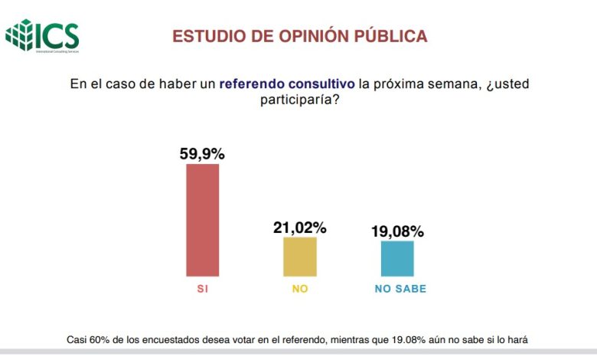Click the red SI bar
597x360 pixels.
click(x=203, y=220)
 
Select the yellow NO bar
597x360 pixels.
click(x=299, y=257)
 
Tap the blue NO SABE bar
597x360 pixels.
click(x=397, y=258)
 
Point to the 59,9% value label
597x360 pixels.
click(x=203, y=153)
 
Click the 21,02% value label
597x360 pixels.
click(x=300, y=227)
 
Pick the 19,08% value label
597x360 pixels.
click(x=397, y=231)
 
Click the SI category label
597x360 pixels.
click(x=203, y=290)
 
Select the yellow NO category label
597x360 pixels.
click(x=299, y=290)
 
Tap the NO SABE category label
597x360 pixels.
click(x=400, y=290)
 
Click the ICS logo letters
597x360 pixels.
click(x=58, y=34)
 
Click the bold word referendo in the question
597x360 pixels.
click(x=253, y=83)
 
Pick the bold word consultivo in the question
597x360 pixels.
click(x=322, y=83)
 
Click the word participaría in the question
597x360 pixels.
click(x=299, y=100)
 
